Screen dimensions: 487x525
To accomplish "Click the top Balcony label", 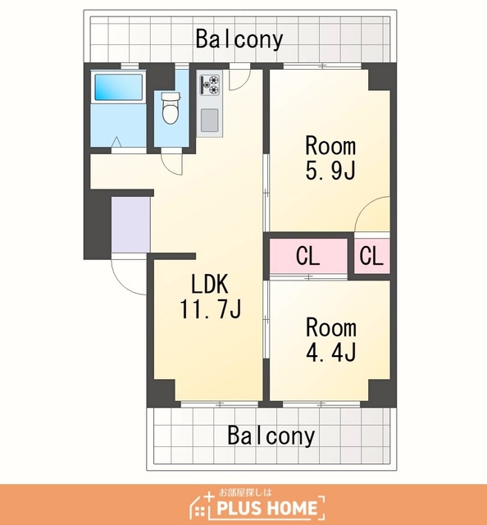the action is [x=239, y=39].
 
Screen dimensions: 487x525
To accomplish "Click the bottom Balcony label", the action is [x=271, y=436].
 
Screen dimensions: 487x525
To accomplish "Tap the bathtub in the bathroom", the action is [x=119, y=87].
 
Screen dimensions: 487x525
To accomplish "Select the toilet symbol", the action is [x=171, y=107].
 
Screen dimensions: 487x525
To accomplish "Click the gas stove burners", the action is [x=210, y=84].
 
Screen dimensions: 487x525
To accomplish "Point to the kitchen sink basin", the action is [x=210, y=121].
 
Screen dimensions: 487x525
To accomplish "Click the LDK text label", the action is [x=210, y=284].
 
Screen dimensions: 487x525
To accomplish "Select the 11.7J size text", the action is [x=211, y=308].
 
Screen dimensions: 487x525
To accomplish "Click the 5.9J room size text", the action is [x=330, y=171].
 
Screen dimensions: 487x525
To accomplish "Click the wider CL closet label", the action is [x=307, y=256].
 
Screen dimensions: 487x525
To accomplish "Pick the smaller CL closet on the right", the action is [x=371, y=256].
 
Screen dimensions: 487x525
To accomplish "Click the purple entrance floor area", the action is [x=130, y=225].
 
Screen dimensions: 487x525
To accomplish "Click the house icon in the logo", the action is [x=199, y=506].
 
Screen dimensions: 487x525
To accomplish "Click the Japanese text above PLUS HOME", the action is [x=245, y=492].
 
